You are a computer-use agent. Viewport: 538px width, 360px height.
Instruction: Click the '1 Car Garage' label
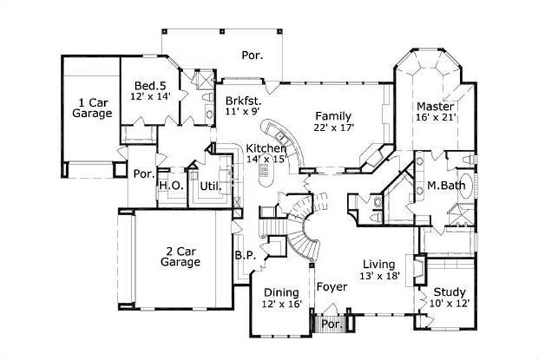coord(92,108)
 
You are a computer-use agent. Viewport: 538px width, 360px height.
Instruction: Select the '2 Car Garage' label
coord(180,256)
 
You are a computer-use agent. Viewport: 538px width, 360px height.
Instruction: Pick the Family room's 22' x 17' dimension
coord(333,127)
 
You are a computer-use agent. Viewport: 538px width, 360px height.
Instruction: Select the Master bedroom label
coord(435,106)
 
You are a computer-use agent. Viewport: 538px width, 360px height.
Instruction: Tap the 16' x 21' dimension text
coord(436,117)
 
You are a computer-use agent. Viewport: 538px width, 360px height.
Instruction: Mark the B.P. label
coord(243,255)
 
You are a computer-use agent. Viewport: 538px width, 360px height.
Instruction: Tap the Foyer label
coord(332,287)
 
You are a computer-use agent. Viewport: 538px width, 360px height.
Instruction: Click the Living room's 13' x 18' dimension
coord(379,275)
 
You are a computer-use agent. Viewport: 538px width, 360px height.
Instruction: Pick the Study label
coord(448,292)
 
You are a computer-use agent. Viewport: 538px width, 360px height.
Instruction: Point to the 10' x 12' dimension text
coord(449,303)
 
